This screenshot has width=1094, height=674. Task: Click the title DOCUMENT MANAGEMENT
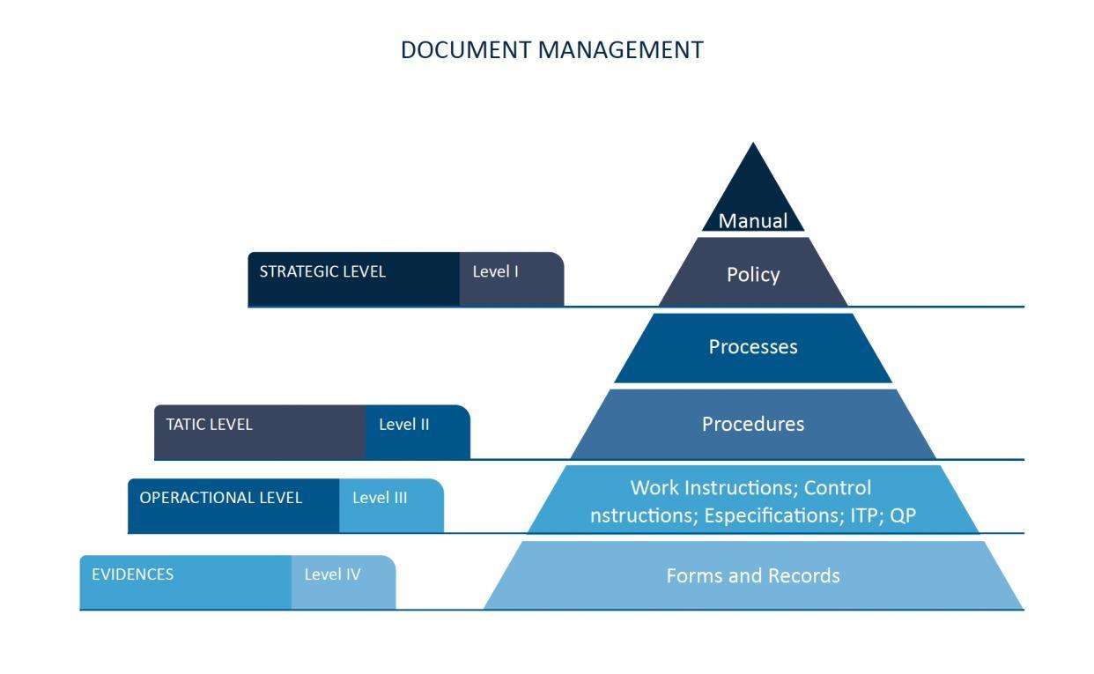click(x=551, y=50)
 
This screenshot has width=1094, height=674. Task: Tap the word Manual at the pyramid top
click(x=752, y=221)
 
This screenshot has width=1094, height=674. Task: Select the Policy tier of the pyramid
click(x=752, y=274)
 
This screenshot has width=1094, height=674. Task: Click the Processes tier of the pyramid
click(x=752, y=347)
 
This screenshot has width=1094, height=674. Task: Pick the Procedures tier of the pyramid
click(x=752, y=424)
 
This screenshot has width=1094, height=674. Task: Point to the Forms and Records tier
click(x=752, y=575)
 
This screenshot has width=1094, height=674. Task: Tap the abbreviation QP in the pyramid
click(x=903, y=515)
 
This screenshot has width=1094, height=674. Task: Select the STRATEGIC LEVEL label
click(x=322, y=271)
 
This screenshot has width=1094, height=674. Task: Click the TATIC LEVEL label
click(x=209, y=424)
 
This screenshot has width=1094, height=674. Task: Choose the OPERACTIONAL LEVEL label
click(x=220, y=498)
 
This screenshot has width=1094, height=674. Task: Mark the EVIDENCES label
click(x=132, y=574)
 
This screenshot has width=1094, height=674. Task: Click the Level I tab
click(x=496, y=271)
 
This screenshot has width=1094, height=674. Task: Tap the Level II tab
click(x=404, y=424)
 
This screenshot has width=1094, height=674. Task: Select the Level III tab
click(x=380, y=498)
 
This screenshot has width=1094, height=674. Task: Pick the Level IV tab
click(x=332, y=574)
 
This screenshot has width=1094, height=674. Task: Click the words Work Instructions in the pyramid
click(x=713, y=488)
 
